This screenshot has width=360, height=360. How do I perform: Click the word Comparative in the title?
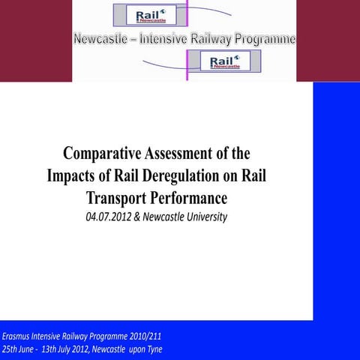click(x=102, y=154)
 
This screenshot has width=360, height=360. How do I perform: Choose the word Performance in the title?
click(x=188, y=199)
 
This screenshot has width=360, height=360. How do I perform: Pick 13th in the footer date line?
click(x=55, y=349)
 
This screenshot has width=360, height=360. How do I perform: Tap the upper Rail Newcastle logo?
click(x=145, y=16)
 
